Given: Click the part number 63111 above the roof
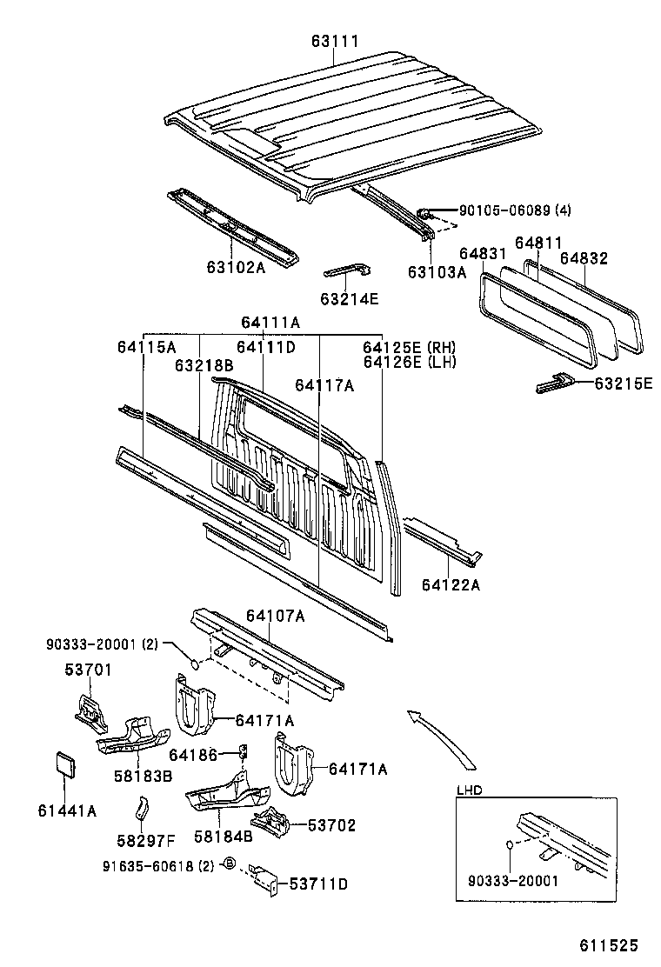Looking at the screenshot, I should pos(335,41).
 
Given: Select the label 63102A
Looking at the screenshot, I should pos(236,267).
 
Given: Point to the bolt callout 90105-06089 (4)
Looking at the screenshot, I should pos(503,210).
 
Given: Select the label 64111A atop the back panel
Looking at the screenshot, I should pos(270,323).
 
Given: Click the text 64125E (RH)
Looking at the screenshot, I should pos(410,347).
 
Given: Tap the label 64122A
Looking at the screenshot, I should pos(451,584).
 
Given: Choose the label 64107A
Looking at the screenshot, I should pos(275,616).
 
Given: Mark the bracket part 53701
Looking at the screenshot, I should pos(89,707).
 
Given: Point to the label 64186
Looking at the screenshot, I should pos(192,755).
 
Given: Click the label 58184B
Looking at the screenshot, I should pos(223,837).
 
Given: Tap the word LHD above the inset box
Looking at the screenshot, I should pos(470,790).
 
